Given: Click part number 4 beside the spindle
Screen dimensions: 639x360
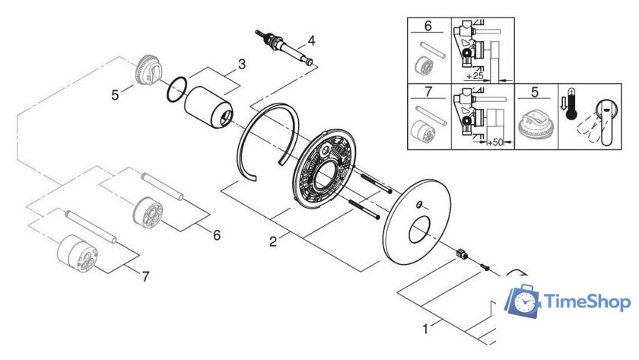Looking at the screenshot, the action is tap(311, 40).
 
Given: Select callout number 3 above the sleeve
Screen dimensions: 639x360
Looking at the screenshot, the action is tap(242, 64).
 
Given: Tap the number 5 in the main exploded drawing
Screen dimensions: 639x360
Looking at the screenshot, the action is tap(116, 95).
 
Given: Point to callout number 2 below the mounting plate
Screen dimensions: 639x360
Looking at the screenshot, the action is tap(273, 241).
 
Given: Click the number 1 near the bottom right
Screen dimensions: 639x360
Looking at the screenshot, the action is tap(425, 329).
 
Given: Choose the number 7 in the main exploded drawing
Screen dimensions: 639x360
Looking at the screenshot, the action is tap(146, 276).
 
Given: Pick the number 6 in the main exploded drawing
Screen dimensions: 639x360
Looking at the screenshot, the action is tap(217, 235).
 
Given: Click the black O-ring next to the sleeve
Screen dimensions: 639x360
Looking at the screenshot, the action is tap(176, 90).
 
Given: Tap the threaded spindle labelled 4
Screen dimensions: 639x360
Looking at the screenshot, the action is tap(285, 46).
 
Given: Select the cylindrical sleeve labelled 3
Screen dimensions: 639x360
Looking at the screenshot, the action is tap(208, 107).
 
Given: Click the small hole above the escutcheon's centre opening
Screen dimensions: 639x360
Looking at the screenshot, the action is tap(419, 204).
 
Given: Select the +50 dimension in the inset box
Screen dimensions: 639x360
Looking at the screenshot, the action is tap(495, 142).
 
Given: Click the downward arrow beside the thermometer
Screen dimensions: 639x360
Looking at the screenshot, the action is tap(564, 104).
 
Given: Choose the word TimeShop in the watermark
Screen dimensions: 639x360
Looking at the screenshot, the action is tap(587, 302).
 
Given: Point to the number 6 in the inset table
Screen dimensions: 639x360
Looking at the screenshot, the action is tap(428, 26).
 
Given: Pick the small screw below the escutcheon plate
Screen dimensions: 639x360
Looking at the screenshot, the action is tap(485, 267).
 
